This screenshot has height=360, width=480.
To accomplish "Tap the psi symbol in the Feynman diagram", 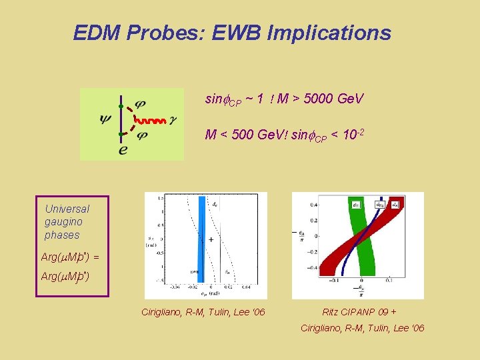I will coord(105,120).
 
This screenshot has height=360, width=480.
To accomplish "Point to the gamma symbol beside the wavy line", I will coord(173,121).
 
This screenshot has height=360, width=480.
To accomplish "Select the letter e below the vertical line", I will coord(123,150).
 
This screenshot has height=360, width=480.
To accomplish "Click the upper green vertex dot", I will coord(121,106).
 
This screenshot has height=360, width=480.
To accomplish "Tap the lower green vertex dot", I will coord(121,135).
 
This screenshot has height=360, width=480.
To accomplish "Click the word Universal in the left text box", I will coord(67,209).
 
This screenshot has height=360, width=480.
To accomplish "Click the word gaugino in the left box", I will coord(63,222).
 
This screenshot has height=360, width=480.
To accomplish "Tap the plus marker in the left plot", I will coord(211,239).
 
